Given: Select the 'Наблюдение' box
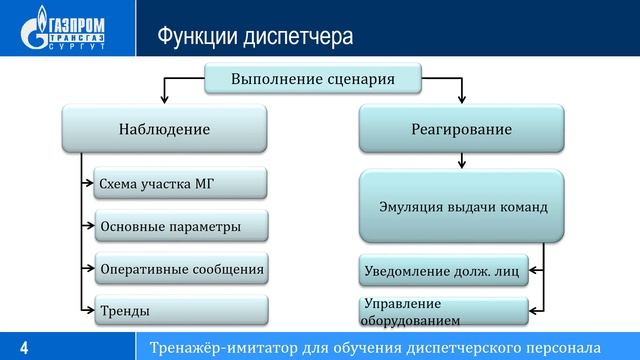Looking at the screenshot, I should point(164,129).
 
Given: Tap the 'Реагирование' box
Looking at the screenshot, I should point(462,129).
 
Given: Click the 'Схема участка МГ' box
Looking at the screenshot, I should point(181,184).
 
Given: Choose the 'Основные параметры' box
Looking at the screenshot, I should point(181,226).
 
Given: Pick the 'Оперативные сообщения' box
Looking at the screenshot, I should point(181,268).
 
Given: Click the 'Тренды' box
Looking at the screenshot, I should point(181,310).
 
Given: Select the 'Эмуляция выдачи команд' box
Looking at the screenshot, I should point(462,208).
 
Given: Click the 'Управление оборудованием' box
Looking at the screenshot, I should point(442,311).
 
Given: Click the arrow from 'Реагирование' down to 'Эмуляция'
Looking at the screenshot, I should point(462,160).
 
